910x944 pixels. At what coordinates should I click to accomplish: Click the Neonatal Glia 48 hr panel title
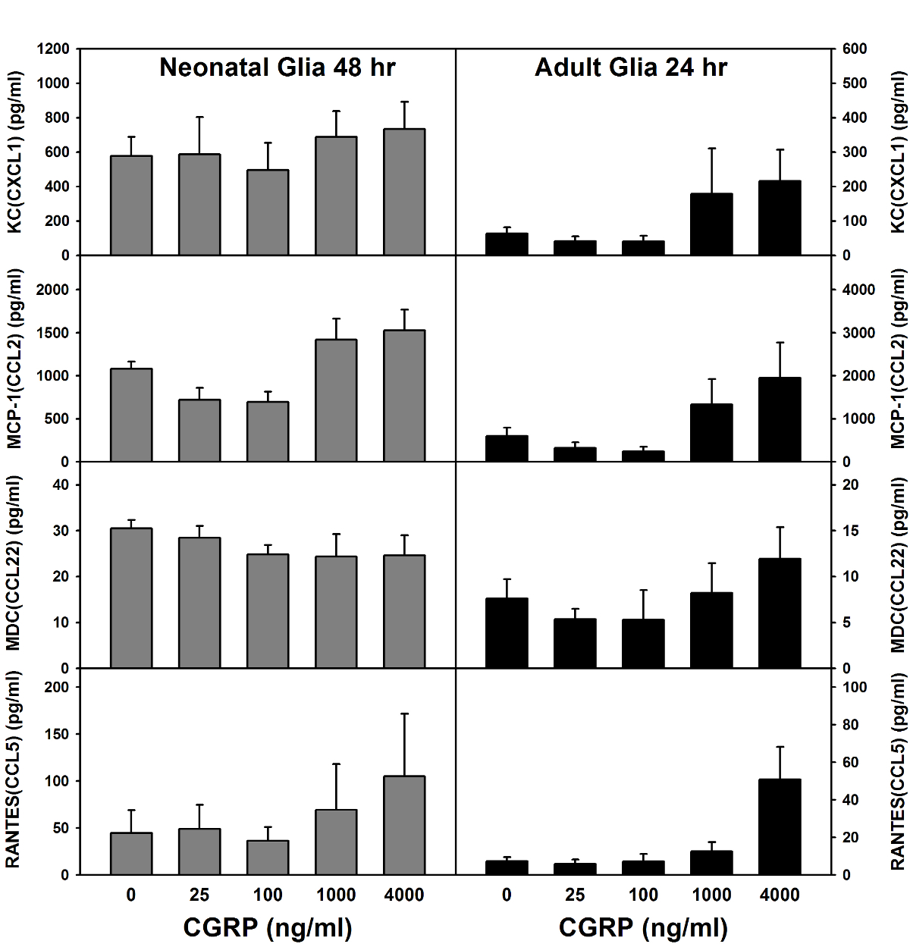277,67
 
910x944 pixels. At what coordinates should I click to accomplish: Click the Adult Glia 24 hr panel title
631,67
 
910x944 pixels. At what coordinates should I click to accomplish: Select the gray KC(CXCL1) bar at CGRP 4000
404,192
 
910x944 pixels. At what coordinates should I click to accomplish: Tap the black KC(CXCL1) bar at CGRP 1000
711,224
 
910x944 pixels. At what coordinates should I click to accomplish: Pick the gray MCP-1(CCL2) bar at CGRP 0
131,415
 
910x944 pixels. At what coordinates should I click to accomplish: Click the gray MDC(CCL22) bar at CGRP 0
131,598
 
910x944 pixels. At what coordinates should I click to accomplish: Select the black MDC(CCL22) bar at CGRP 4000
780,613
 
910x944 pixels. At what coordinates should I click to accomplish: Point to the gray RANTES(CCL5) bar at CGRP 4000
404,825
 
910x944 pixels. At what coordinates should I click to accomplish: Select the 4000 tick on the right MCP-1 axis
858,290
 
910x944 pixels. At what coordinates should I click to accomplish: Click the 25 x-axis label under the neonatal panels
199,895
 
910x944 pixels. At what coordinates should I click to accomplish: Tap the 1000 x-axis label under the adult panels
711,895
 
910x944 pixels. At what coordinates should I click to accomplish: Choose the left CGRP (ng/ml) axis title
268,927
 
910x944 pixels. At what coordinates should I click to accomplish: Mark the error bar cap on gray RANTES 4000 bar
404,713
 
